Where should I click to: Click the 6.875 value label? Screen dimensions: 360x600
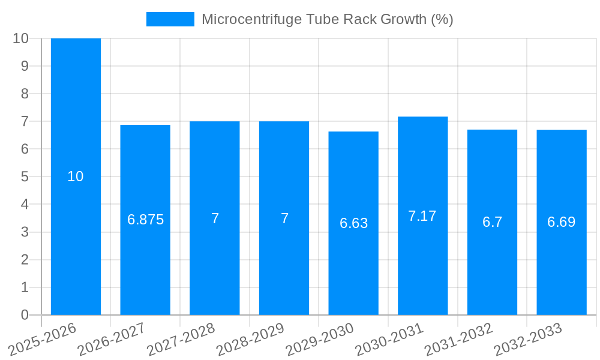[145, 220]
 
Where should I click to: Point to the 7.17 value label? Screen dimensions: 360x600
[422, 216]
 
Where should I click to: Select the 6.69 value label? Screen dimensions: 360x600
[561, 222]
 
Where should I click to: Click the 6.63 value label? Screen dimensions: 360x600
[353, 223]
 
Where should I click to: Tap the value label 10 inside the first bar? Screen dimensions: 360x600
[76, 176]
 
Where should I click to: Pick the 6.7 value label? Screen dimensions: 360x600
[492, 222]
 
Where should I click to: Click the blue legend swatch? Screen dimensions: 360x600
[170, 19]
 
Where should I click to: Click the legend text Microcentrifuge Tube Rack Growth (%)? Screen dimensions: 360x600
[327, 19]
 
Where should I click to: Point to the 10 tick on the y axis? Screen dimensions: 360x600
[20, 38]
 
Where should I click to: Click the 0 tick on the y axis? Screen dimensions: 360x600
[25, 315]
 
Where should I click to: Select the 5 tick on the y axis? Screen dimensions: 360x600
[25, 177]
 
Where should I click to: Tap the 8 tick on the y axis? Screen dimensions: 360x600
[25, 94]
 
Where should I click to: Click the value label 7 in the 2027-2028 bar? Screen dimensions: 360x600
[215, 218]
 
